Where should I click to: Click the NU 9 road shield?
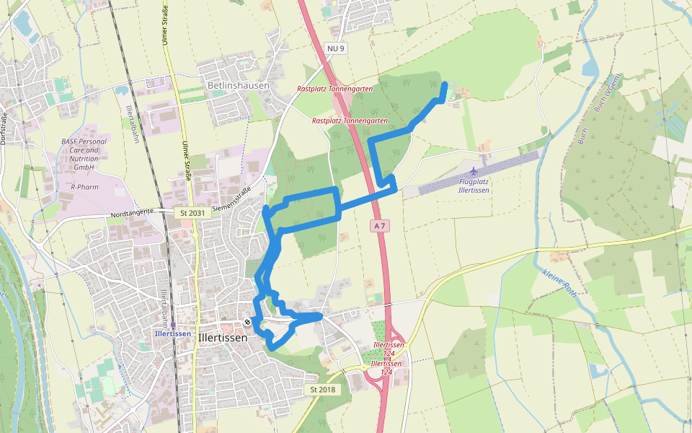point(336,48)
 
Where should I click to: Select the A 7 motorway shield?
point(380,226)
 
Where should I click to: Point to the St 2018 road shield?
point(323,390)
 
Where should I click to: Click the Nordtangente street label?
point(133,214)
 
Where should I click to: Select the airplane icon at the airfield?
point(473,171)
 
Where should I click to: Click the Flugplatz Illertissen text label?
point(474,185)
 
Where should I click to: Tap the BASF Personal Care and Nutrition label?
point(84,154)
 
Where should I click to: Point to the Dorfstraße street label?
point(4,128)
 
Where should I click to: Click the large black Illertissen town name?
point(222,337)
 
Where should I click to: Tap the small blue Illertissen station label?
point(172,333)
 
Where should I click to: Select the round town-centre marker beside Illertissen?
point(247,322)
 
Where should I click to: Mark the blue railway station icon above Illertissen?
point(173,325)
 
